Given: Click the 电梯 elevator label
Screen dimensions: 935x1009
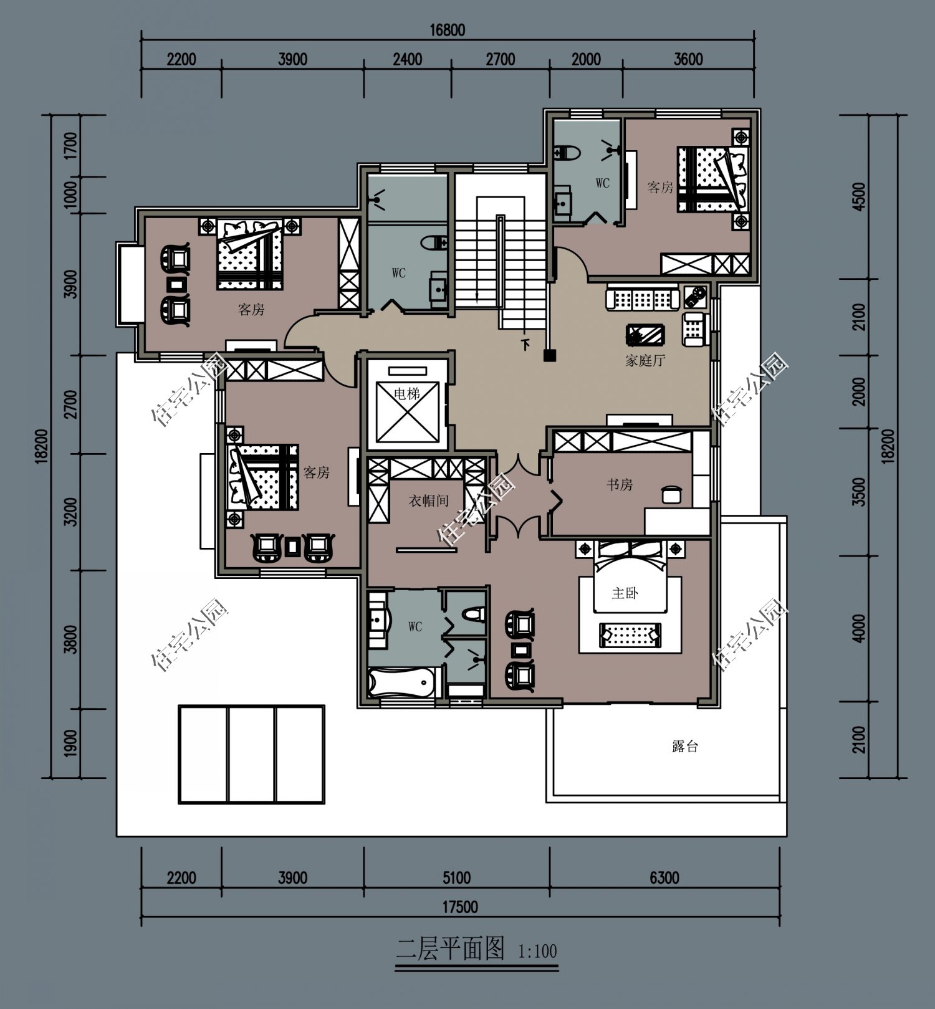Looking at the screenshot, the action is click(407, 393).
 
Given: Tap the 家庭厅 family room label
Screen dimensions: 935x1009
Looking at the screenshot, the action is click(645, 360).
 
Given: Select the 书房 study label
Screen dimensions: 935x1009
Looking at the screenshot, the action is click(620, 485).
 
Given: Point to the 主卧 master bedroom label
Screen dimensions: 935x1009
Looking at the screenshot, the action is click(625, 593).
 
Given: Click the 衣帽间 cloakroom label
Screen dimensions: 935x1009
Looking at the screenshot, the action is click(428, 500).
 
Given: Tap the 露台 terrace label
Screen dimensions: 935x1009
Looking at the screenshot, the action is click(685, 746).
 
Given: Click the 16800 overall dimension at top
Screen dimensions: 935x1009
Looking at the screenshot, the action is click(448, 30).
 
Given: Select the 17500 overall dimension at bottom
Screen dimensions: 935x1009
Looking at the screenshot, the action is click(461, 907).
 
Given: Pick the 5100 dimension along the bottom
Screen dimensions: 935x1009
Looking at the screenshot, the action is click(456, 877).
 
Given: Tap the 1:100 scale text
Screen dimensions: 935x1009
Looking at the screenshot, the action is click(537, 952).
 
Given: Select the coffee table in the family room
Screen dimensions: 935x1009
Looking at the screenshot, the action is click(645, 335).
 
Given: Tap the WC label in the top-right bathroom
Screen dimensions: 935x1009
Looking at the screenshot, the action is click(602, 183).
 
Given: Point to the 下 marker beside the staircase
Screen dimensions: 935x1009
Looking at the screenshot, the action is click(526, 344).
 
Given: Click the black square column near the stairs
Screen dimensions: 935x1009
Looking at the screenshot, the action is click(549, 355).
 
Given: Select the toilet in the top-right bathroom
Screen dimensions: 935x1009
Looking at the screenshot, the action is click(568, 151).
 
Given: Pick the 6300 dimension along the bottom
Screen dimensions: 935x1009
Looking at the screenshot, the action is click(664, 877).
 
